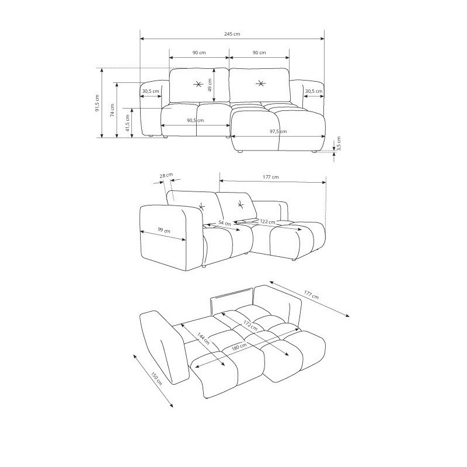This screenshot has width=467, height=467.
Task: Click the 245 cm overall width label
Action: click(x=232, y=34)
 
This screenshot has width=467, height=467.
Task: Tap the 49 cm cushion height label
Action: click(x=210, y=85)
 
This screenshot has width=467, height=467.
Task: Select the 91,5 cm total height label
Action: click(x=97, y=103)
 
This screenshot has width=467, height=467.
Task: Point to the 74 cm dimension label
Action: click(x=112, y=110)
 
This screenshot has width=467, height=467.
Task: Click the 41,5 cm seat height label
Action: click(x=127, y=123)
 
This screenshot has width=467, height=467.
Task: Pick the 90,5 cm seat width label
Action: click(x=196, y=120)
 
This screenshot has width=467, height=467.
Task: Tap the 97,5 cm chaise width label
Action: click(x=278, y=131)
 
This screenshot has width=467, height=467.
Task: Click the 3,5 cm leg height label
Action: click(x=339, y=144)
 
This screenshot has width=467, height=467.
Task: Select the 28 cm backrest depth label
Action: click(x=166, y=176)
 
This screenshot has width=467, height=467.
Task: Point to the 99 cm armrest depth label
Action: click(x=164, y=230)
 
